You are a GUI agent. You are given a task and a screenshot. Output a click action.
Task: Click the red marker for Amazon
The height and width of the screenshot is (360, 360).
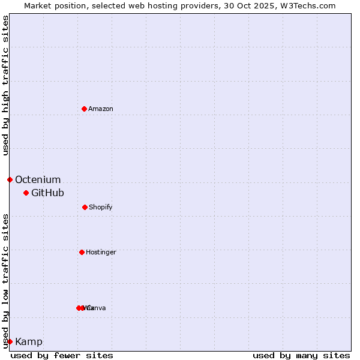click(84, 109)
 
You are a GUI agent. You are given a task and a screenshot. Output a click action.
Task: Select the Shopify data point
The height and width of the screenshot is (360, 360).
click(85, 207)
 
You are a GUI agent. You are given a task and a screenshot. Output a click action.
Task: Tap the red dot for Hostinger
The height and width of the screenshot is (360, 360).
click(82, 252)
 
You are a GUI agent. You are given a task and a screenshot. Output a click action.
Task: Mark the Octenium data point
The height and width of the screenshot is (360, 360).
click(10, 179)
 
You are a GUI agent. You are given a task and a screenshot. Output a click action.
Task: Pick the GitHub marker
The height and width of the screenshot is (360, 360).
click(26, 193)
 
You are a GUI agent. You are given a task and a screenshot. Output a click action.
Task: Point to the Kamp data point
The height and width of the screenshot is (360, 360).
click(10, 341)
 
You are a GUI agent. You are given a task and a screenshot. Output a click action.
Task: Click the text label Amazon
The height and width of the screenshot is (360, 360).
click(101, 109)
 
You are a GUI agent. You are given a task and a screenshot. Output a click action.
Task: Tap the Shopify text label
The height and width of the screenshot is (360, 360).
click(101, 207)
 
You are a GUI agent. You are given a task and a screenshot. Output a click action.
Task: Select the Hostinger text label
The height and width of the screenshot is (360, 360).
click(101, 252)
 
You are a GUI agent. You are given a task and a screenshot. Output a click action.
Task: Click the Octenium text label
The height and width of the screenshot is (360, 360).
click(38, 179)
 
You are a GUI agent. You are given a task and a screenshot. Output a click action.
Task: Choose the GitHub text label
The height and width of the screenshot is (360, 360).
click(47, 193)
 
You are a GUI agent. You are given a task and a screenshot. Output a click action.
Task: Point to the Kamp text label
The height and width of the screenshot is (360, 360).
click(29, 341)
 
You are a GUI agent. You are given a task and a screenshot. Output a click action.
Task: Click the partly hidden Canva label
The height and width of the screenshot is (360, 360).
click(97, 308)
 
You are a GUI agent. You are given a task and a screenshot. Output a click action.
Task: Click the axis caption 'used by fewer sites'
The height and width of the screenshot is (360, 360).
click(62, 355)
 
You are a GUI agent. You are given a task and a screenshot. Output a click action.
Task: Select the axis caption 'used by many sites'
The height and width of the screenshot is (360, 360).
click(301, 355)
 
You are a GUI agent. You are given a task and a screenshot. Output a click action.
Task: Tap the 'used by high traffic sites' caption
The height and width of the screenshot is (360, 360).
click(5, 85)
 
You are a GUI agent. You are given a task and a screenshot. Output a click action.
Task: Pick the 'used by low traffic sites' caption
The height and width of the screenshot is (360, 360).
click(5, 281)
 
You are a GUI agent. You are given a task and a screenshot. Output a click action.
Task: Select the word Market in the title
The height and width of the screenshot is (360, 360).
click(38, 5)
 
